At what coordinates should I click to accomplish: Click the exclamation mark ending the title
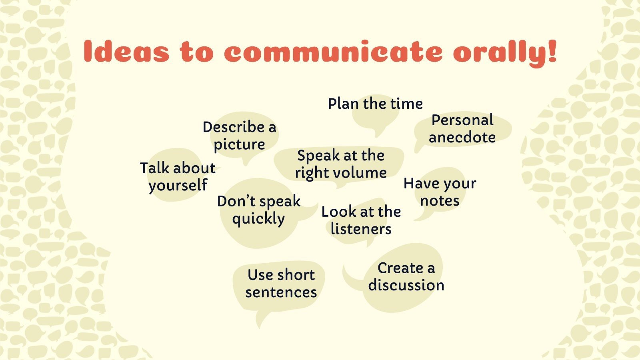[x=552, y=51]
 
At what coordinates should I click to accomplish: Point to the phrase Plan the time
[x=375, y=104]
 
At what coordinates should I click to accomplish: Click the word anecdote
[x=462, y=138]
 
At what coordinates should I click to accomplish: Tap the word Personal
[x=462, y=120]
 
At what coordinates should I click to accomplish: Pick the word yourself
[x=178, y=186]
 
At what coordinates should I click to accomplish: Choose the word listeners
[x=361, y=229]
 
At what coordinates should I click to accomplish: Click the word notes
[x=440, y=201]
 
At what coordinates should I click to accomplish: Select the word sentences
[x=281, y=292]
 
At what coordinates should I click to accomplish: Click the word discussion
[x=406, y=286]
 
